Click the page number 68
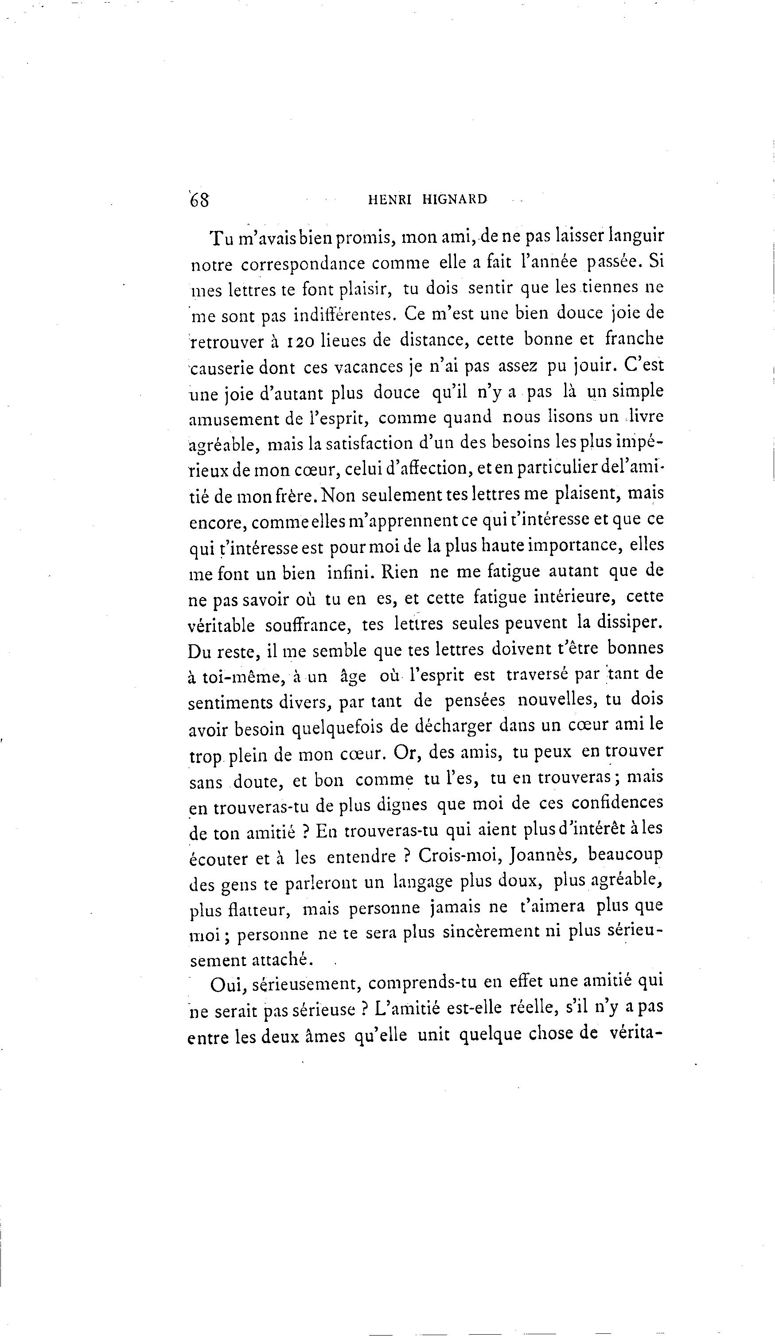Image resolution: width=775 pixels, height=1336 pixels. pos(199,201)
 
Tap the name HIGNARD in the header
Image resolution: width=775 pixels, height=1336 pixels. pos(455,200)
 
